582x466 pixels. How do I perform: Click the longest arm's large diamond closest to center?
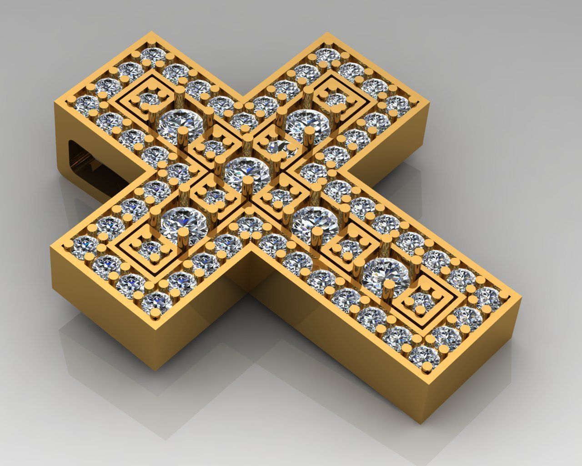coord(314,221)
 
